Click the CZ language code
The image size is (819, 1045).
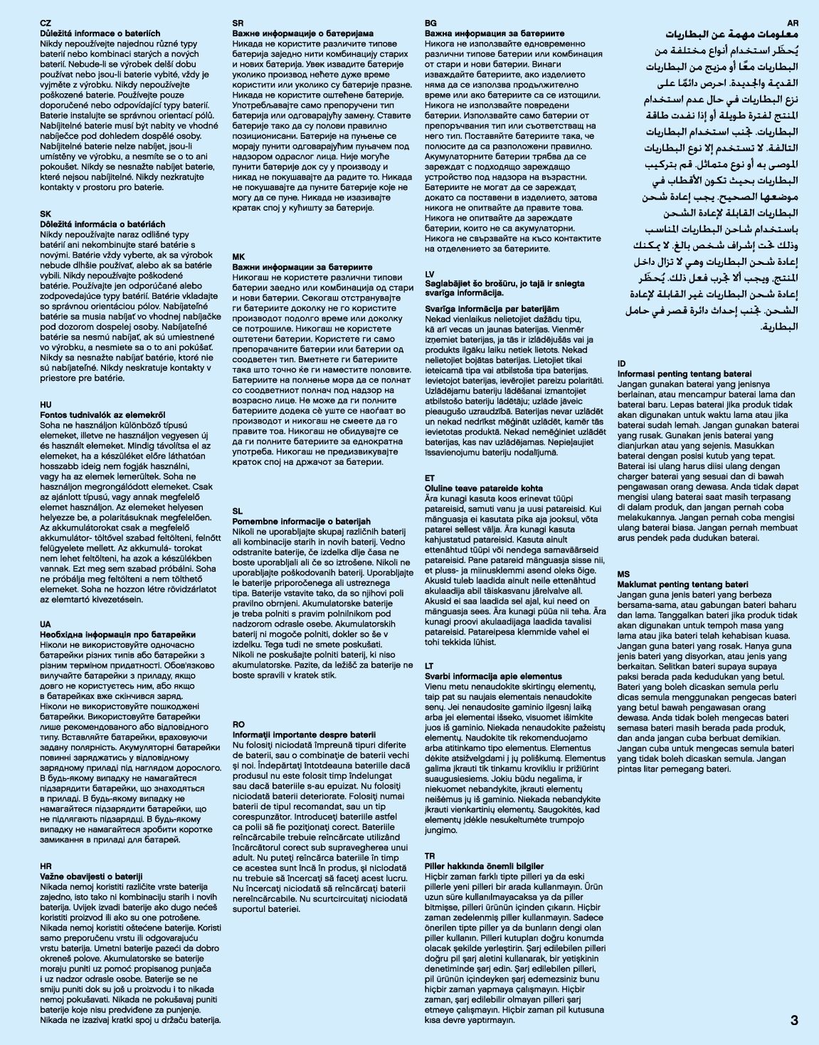click(46, 23)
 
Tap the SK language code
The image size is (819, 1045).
click(46, 214)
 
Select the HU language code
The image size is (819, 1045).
click(46, 404)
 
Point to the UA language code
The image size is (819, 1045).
click(46, 624)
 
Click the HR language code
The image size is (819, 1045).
click(46, 866)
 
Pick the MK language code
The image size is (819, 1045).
click(238, 256)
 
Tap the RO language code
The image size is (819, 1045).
click(239, 724)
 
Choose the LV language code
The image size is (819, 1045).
click(430, 274)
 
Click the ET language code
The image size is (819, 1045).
click(430, 478)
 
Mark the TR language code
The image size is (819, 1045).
click(430, 856)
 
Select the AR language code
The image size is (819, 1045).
click(793, 23)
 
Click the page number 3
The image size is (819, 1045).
click(794, 1020)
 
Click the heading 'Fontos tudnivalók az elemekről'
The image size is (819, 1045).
click(102, 414)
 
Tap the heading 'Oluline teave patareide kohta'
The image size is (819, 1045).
click(484, 488)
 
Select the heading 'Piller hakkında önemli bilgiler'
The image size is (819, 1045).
click(484, 866)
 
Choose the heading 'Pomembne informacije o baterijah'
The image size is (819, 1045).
click(302, 521)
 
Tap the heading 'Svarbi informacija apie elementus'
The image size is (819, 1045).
click(493, 676)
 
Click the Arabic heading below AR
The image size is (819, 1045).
click(732, 35)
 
